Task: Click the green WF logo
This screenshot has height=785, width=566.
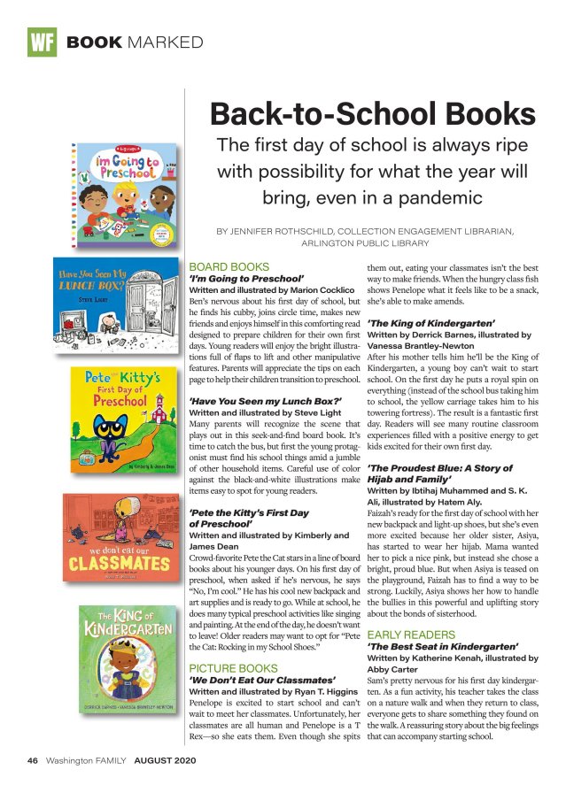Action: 42,42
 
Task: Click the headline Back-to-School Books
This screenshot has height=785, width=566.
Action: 366,114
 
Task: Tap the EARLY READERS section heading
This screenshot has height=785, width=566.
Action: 412,635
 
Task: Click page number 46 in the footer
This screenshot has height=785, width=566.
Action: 32,760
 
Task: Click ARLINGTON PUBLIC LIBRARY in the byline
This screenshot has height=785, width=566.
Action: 366,243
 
